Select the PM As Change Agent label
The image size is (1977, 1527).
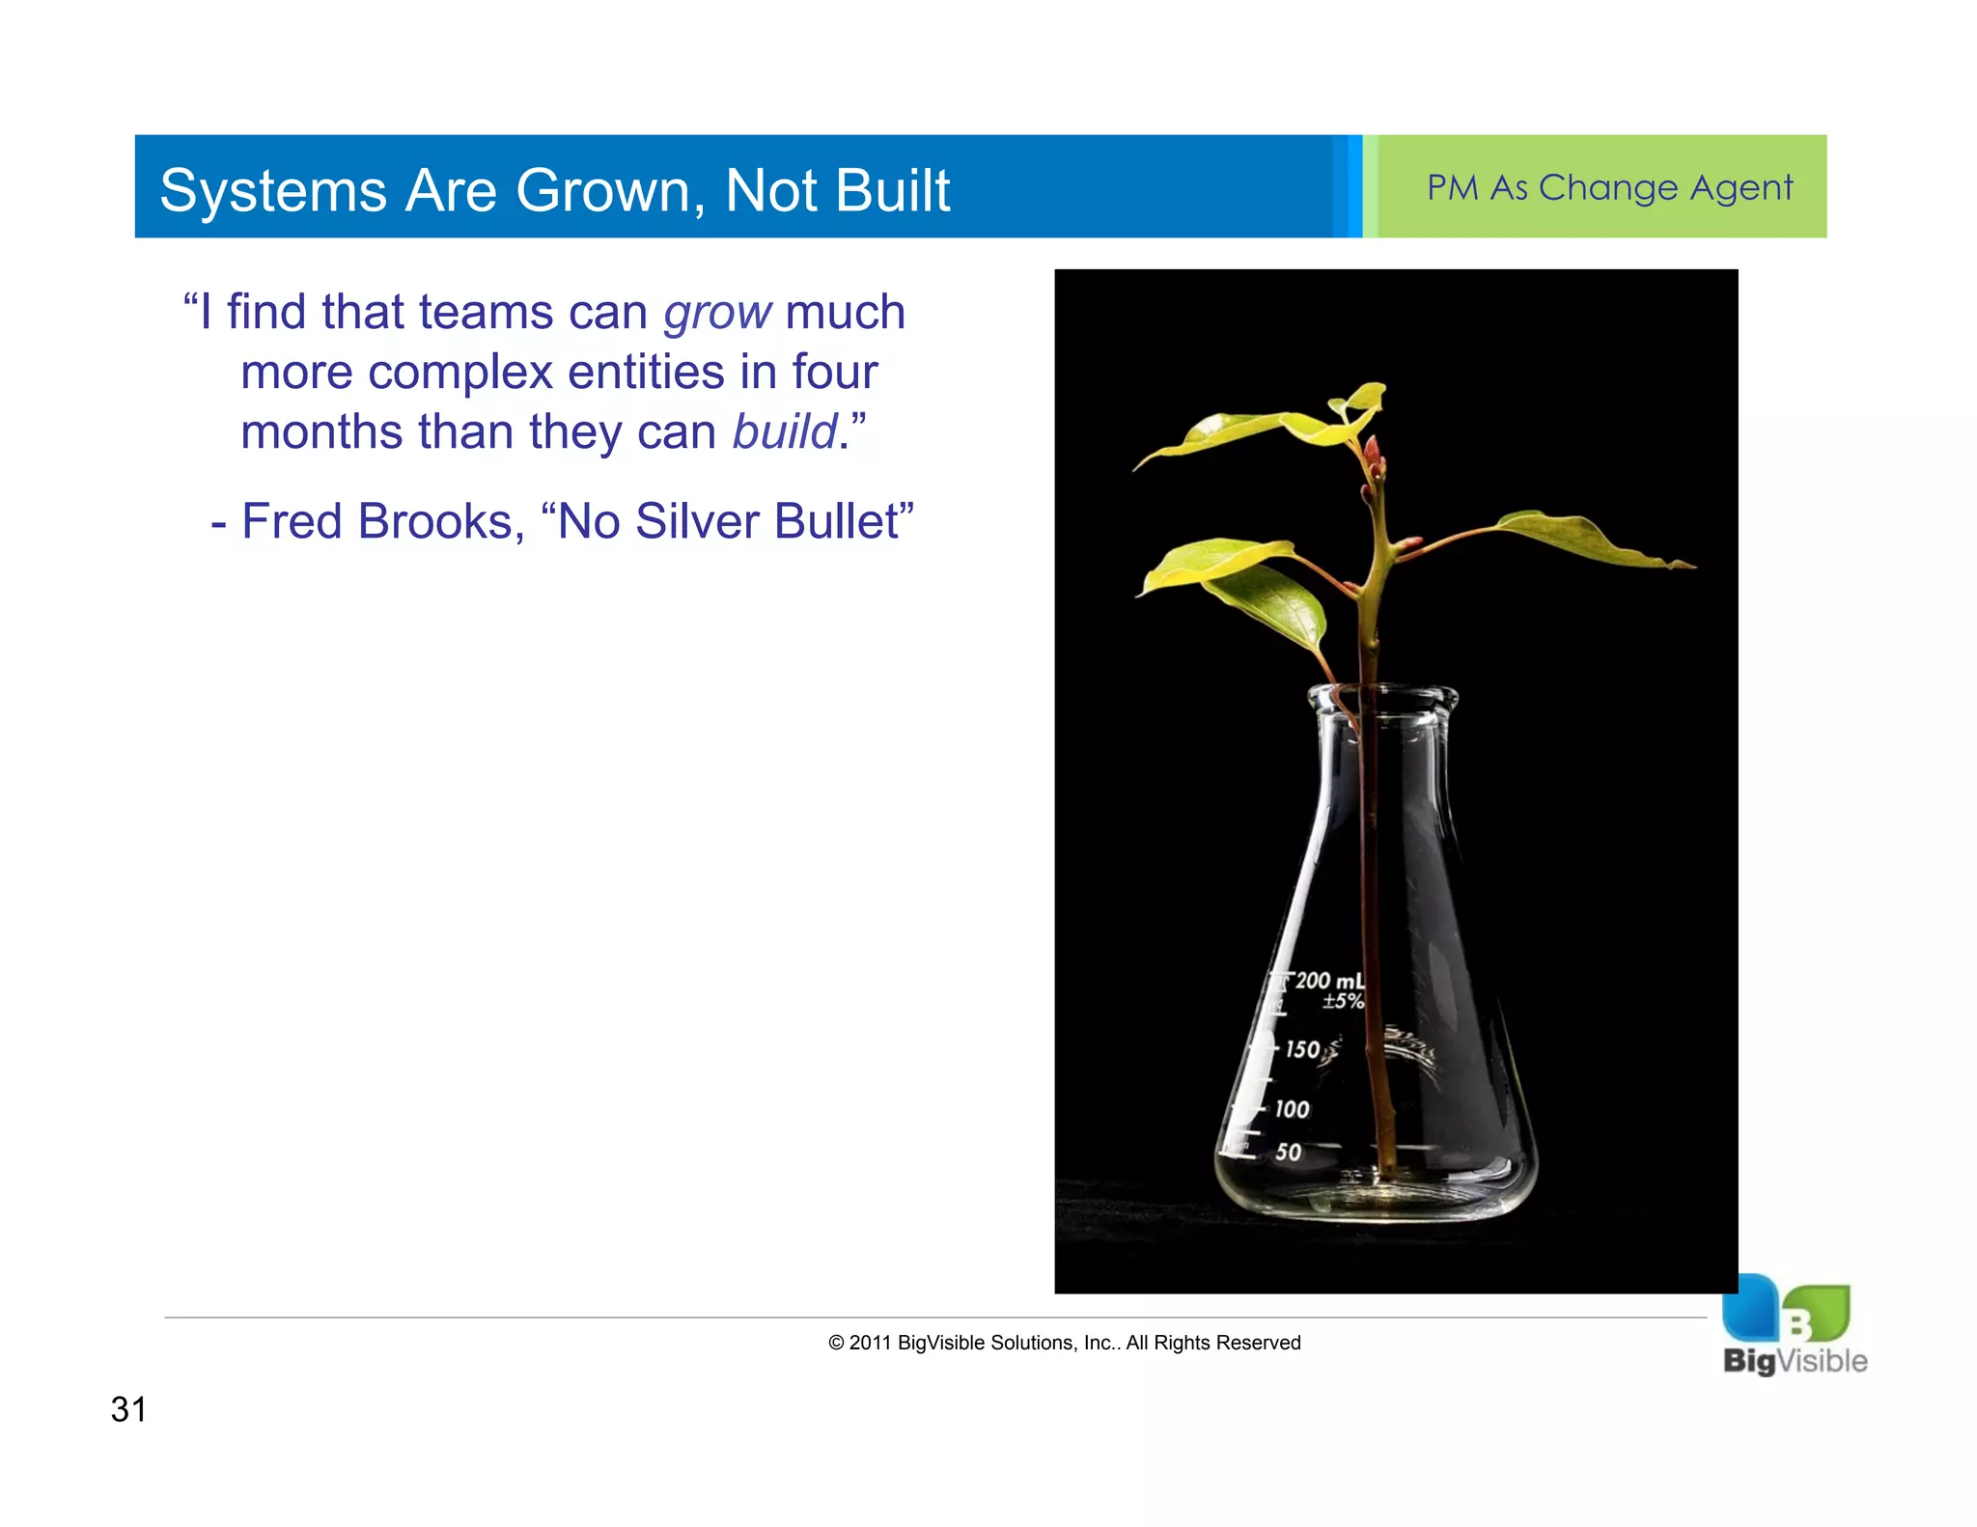[1609, 187]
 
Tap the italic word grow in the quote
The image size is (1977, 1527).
[717, 314]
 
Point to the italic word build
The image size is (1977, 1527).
[784, 431]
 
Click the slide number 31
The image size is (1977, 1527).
[128, 1409]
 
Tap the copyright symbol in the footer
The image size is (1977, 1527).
[836, 1343]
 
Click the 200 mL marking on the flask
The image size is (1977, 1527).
[1329, 981]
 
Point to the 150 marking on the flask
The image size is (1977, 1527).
[1302, 1049]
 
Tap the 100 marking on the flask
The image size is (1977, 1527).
[1292, 1109]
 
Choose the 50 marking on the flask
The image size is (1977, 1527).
[1288, 1152]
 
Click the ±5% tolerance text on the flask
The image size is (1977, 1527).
[1343, 1002]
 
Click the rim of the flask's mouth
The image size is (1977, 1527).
[1382, 693]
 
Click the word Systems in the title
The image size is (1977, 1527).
[273, 191]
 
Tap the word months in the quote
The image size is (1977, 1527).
[321, 431]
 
